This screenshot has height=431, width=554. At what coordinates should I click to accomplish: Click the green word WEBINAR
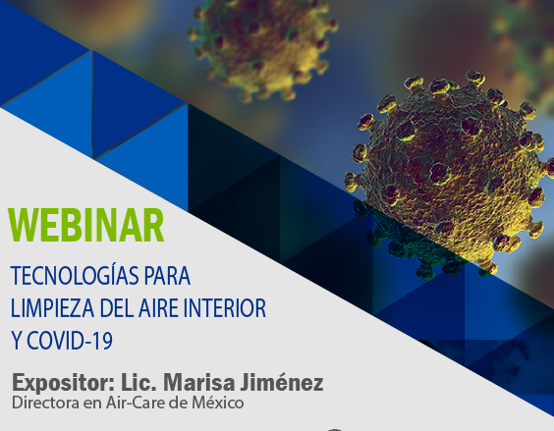(x=86, y=226)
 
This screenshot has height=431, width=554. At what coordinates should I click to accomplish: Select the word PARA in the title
(x=168, y=276)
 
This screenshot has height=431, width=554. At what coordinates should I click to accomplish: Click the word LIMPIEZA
(x=52, y=308)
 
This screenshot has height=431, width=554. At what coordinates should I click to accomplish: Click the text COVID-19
(x=70, y=341)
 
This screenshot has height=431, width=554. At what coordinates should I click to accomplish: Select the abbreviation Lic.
(x=138, y=382)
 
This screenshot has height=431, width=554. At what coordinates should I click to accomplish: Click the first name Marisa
(x=199, y=382)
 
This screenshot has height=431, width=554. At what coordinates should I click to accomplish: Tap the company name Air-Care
(x=136, y=403)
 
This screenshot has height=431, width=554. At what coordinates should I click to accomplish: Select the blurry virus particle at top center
(x=262, y=48)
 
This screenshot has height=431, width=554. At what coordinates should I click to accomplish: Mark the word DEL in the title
(x=116, y=308)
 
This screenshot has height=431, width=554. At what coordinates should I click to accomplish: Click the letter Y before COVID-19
(x=17, y=341)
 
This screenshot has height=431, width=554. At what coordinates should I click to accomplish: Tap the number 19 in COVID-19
(x=103, y=341)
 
